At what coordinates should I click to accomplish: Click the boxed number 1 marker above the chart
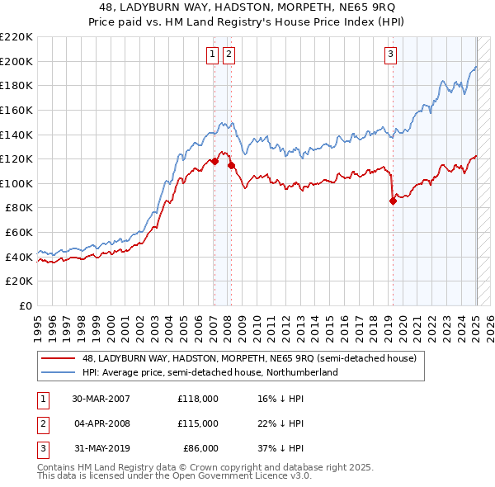212,55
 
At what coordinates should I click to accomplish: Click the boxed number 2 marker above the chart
228,55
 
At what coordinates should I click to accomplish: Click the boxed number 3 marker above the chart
390,55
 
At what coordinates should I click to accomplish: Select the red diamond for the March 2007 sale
214,161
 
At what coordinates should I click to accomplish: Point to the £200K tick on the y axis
16,61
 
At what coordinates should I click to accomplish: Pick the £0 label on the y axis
26,306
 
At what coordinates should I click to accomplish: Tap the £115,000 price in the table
198,423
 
